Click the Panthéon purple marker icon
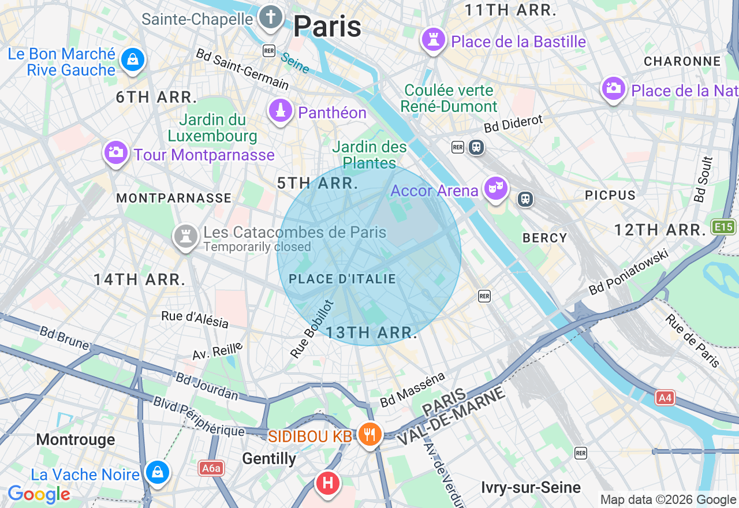tap(281, 111)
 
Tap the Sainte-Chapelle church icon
tap(270, 17)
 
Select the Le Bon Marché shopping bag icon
tap(133, 59)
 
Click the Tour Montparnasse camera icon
tap(115, 153)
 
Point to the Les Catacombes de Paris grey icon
tap(186, 236)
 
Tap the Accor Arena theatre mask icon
tap(495, 188)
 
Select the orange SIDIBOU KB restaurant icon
tap(369, 434)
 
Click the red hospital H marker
tap(327, 483)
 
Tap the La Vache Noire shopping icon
tap(156, 472)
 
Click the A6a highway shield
tap(211, 468)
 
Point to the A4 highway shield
tap(665, 397)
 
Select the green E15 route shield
tap(724, 226)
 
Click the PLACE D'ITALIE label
tap(342, 279)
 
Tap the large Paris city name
tap(327, 27)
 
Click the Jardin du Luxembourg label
tap(212, 128)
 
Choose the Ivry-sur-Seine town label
tap(531, 488)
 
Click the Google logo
tap(39, 495)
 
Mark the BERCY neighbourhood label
tap(544, 238)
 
